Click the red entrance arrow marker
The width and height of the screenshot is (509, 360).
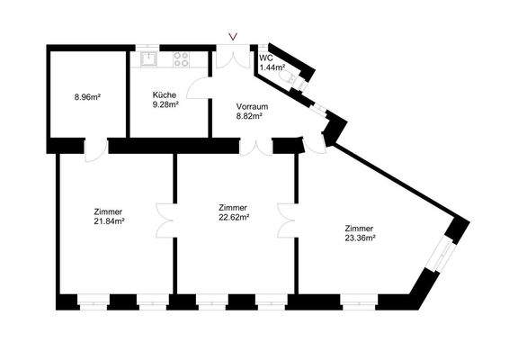[x=234, y=37]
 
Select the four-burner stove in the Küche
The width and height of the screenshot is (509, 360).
[x=181, y=61]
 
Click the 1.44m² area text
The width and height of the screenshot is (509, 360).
[x=272, y=68]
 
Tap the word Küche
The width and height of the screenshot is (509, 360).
[x=164, y=94]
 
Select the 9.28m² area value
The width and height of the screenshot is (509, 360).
[x=165, y=104]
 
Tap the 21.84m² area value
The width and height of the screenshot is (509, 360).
[x=109, y=221]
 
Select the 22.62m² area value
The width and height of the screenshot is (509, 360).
[x=233, y=216]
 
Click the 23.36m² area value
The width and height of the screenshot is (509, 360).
[x=360, y=238]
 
